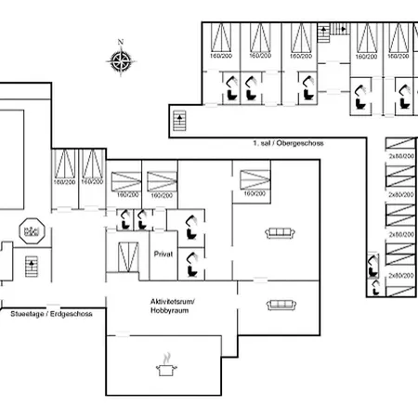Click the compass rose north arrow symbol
tap(120, 62)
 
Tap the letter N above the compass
tap(120, 42)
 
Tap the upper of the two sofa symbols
tap(280, 232)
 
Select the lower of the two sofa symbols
tap(280, 304)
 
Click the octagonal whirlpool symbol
tap(33, 230)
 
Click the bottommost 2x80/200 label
tap(400, 275)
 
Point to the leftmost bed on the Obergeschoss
tap(222, 41)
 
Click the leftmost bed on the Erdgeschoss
tap(65, 168)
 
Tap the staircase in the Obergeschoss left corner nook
tap(180, 121)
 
